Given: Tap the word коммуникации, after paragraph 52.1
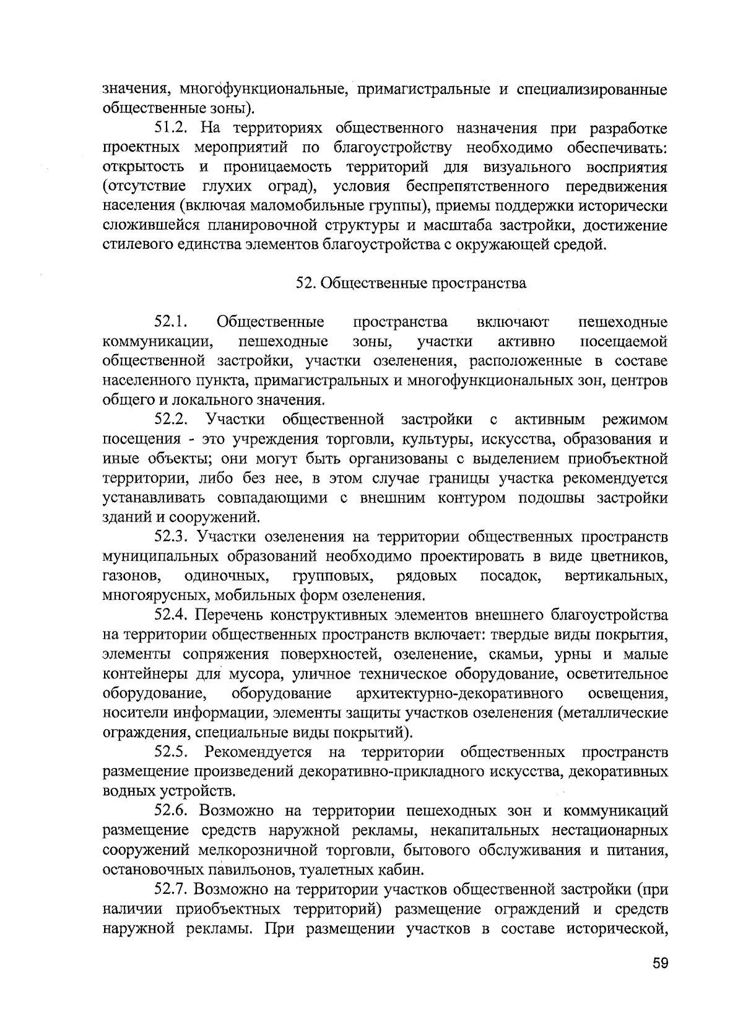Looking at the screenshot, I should pyautogui.click(x=159, y=342).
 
